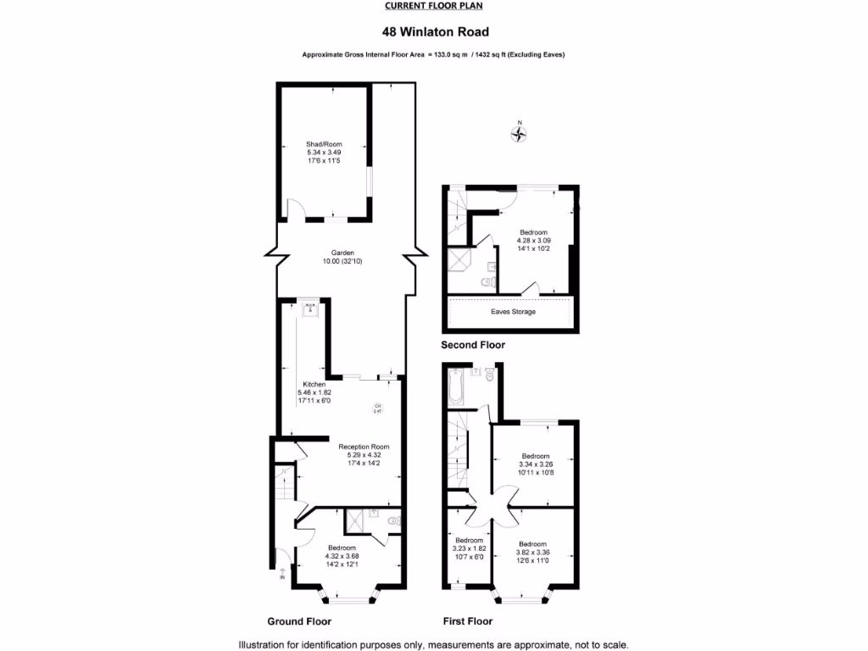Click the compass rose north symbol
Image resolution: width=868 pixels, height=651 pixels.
point(520,132)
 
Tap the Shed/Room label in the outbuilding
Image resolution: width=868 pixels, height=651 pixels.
point(324,145)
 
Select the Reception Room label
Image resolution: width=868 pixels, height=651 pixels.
point(364,447)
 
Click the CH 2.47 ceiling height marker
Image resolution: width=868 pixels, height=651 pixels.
point(378,409)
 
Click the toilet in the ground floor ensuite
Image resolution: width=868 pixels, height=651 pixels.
point(392,521)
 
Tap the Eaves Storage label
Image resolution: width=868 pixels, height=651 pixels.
point(513,312)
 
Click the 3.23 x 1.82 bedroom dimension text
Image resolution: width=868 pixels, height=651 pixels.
point(469,549)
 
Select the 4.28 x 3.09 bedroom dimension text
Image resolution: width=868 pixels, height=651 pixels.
point(534,241)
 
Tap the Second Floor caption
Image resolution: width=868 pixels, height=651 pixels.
point(472,345)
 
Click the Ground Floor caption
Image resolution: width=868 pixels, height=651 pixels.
point(298,620)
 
